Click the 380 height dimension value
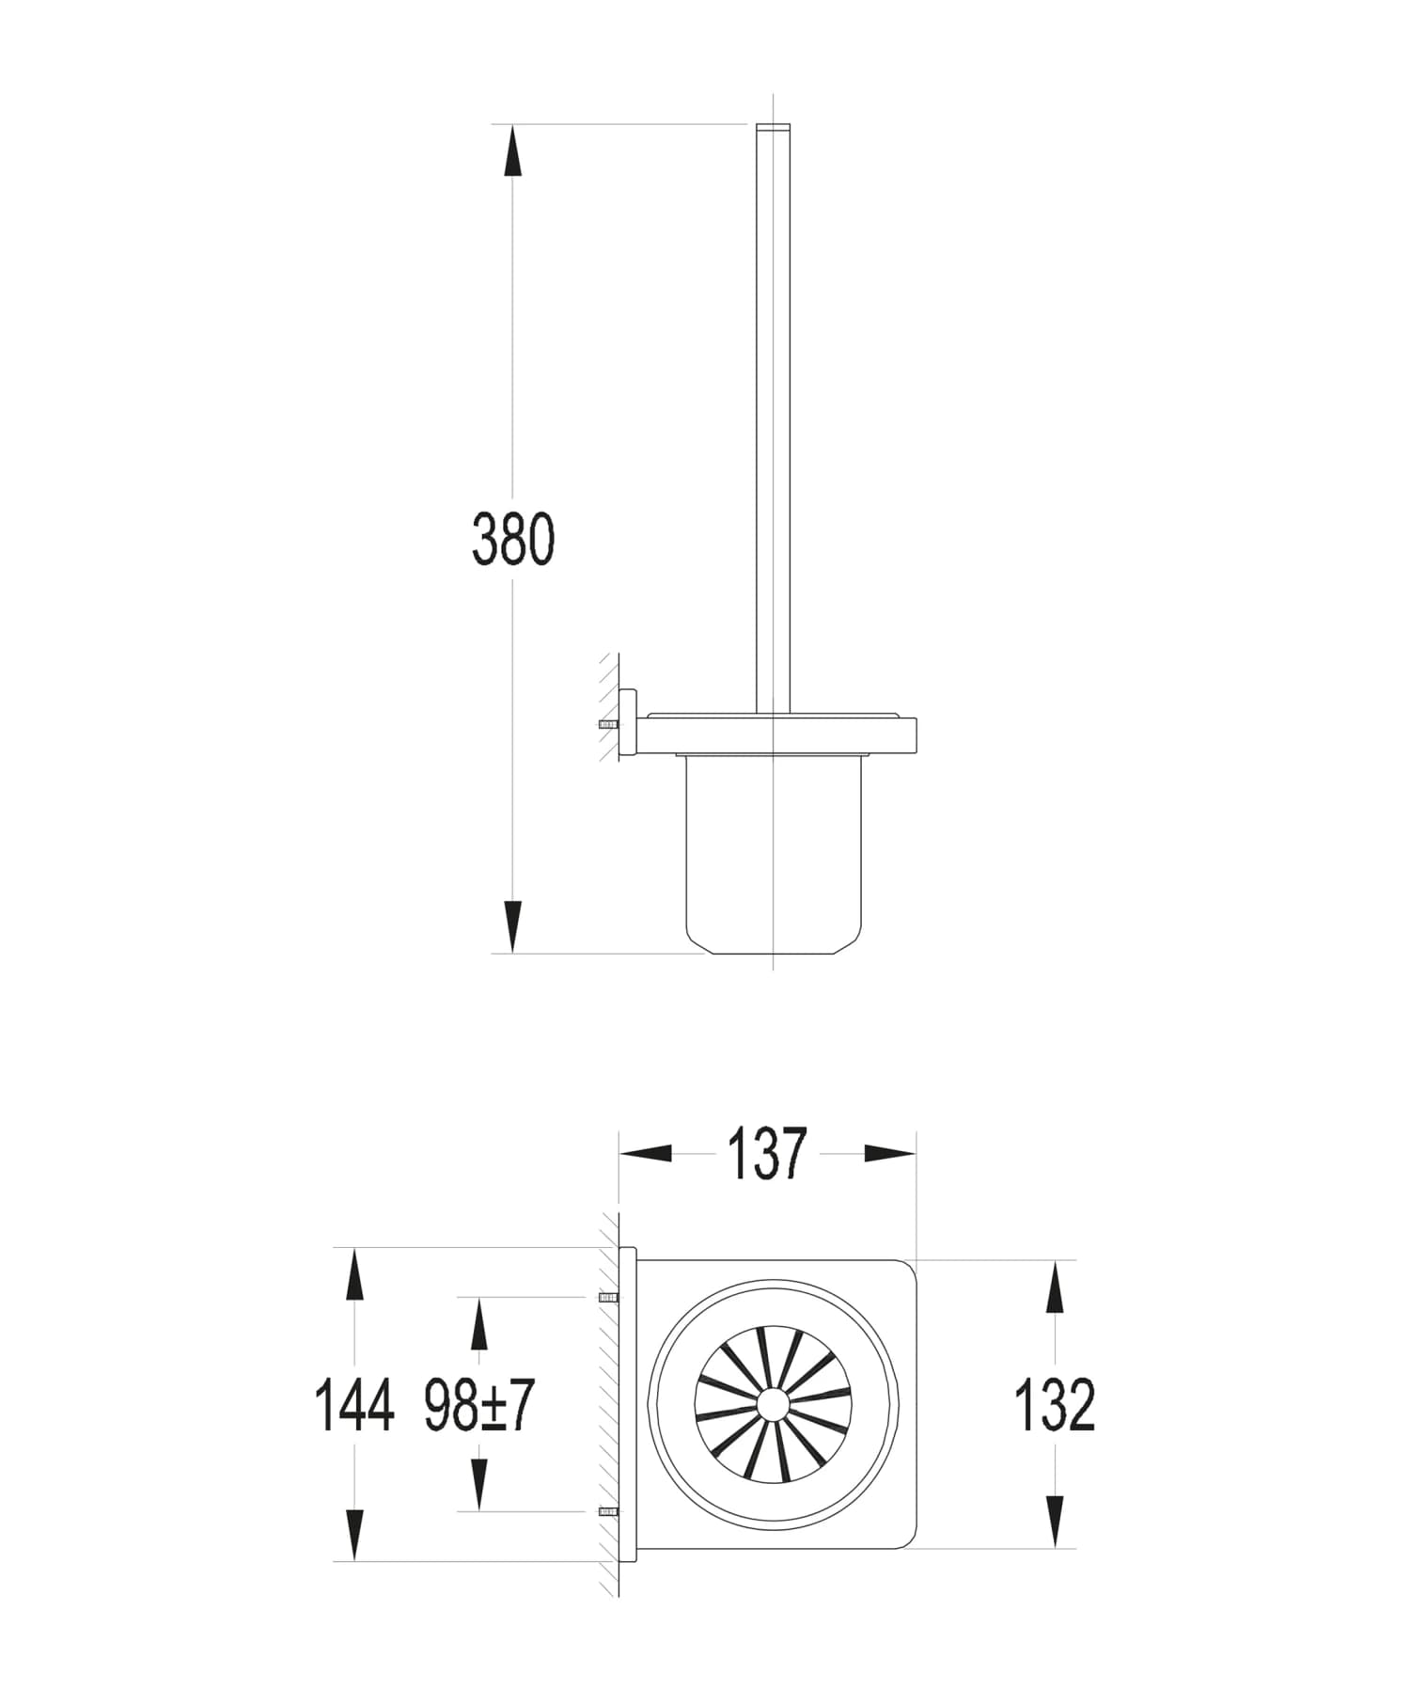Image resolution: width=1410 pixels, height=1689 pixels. (513, 540)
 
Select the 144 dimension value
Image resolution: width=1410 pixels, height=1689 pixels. (353, 1406)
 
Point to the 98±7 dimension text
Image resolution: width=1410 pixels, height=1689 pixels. (478, 1406)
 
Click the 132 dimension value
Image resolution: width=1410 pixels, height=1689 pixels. (1055, 1406)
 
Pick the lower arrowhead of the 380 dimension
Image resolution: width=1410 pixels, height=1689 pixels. (512, 926)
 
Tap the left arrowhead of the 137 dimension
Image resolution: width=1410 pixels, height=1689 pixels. (646, 1153)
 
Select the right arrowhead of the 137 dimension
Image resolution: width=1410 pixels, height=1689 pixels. (889, 1153)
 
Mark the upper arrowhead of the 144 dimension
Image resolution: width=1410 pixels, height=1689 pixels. (353, 1274)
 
